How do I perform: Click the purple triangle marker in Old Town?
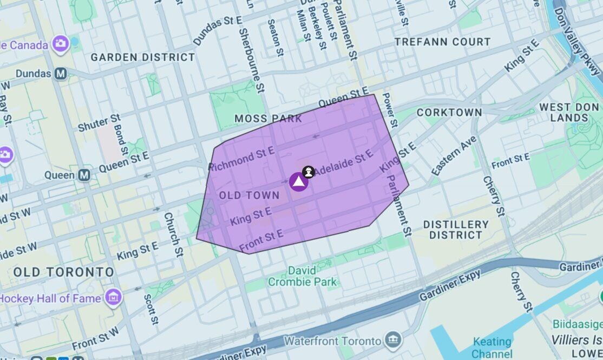298,182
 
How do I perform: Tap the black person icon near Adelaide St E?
309,172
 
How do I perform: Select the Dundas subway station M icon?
60,74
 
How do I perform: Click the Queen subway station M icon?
84,175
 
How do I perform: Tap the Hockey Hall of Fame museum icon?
114,297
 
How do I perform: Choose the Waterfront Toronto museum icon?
394,341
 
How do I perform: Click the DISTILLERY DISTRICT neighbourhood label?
456,230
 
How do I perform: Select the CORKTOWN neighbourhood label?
449,113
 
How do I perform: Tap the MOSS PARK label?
268,119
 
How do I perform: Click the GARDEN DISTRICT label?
143,57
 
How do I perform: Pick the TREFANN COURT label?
442,42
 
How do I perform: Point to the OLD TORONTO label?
64,272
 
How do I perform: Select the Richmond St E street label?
241,158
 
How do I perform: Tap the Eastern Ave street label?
454,156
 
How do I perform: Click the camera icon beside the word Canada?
61,43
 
